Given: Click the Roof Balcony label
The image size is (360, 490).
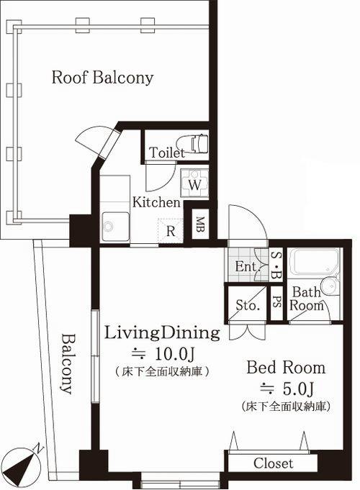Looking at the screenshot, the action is (102, 77).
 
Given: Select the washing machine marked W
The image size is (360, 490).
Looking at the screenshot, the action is (194, 183).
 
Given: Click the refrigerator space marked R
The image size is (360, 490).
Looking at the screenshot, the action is (171, 231).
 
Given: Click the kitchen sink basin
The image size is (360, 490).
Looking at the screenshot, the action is (115, 227).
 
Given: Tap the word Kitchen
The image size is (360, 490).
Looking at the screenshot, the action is (156, 202).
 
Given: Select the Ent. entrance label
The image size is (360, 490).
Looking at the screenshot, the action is (248, 266).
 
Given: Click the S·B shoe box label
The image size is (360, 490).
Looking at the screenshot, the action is (276, 266).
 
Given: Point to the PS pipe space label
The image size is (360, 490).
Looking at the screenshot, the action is (276, 302).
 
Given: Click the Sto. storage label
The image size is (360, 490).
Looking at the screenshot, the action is (248, 305).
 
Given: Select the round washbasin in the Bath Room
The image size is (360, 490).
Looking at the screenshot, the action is (329, 286).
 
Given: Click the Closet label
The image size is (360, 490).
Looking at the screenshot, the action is (274, 463).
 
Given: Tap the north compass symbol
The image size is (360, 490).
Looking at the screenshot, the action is (22, 462).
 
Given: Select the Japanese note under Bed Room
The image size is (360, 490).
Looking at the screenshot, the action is (286, 407).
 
